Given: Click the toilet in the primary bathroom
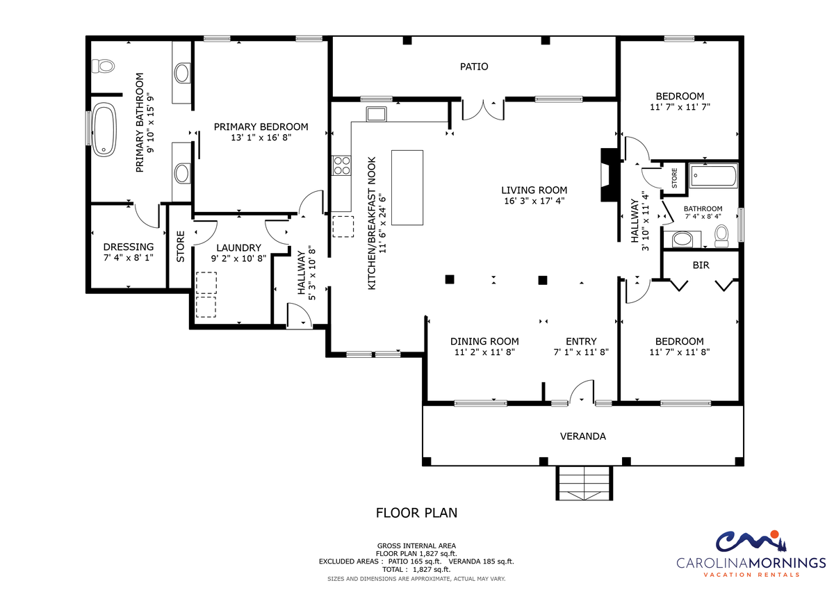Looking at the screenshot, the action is [103, 66].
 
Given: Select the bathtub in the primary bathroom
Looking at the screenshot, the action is [104, 129].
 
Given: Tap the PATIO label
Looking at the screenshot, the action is [474, 67].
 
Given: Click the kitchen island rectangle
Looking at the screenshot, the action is [407, 188].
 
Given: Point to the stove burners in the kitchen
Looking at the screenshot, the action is [341, 165].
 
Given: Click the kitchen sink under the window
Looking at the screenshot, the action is [376, 114].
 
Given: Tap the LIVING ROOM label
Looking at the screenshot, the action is [534, 190].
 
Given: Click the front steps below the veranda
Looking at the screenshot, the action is [584, 483].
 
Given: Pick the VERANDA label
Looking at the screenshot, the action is [582, 436].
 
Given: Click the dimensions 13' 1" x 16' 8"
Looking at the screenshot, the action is [261, 138].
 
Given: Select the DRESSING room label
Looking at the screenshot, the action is [129, 247].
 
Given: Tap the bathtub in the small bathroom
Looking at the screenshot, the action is [713, 176].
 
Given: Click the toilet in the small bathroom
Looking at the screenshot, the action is [721, 236].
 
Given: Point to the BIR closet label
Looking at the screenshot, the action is [701, 265].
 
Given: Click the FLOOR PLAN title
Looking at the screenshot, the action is [416, 513].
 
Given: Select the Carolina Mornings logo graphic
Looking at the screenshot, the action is [751, 541].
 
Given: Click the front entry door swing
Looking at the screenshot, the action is [582, 392].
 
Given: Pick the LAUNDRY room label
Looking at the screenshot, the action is [238, 248].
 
